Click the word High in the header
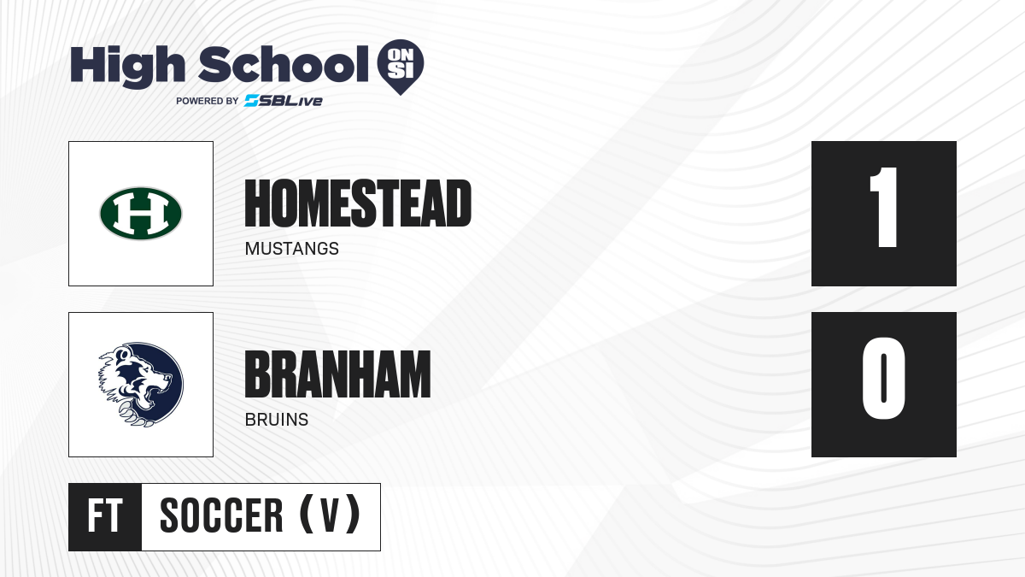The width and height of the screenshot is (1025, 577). [x=127, y=67]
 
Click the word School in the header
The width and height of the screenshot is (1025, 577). [x=284, y=64]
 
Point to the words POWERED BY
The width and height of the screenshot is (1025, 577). [x=207, y=101]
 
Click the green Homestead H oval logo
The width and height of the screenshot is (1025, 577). [x=141, y=214]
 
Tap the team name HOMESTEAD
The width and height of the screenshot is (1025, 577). [x=358, y=203]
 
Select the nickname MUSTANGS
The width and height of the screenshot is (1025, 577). [x=292, y=249]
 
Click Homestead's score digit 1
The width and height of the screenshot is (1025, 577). [x=883, y=207]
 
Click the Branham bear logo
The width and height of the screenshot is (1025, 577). [x=141, y=385]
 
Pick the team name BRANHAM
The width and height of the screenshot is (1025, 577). [x=337, y=374]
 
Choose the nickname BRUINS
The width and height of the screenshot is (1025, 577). [x=277, y=420]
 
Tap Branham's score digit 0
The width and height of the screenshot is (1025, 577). [x=883, y=378]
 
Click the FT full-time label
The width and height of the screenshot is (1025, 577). [x=105, y=516]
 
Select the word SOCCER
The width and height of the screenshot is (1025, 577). [x=221, y=516]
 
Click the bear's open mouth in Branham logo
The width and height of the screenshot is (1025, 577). [x=155, y=393]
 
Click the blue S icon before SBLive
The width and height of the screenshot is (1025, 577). [x=252, y=101]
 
